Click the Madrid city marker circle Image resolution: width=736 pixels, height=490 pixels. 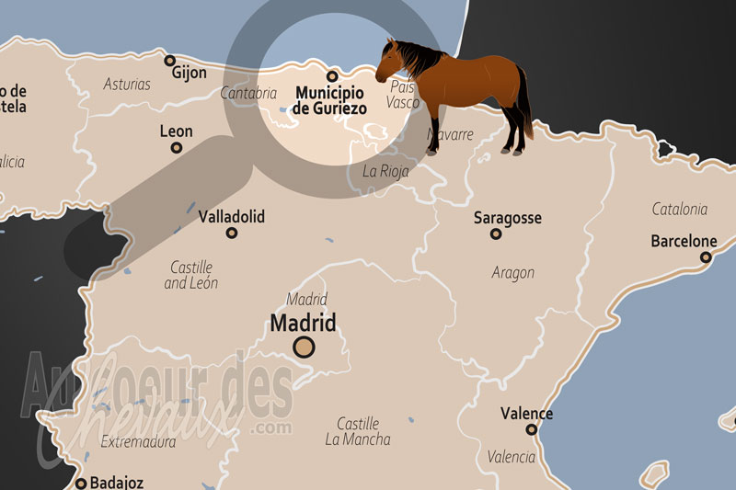304,347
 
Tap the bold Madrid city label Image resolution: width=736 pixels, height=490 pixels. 303,323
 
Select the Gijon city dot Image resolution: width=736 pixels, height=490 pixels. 169,61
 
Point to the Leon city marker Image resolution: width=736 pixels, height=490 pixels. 176,147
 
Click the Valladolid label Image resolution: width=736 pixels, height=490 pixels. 231,217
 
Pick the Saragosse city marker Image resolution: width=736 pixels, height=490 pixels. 496,234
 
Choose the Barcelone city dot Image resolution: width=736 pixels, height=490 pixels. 705,257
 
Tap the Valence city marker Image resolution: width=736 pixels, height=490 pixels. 531,429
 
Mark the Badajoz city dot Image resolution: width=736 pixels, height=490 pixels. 81,483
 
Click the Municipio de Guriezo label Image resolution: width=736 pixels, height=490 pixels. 329,100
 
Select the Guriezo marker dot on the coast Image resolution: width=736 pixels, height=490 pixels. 332,76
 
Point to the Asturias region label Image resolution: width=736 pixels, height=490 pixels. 127,84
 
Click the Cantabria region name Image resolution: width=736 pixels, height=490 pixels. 248,92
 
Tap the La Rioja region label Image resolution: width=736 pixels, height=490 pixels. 385,170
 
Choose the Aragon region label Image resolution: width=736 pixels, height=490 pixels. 512,272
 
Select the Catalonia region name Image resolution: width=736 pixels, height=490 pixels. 679,209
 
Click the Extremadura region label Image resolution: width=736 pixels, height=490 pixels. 138,441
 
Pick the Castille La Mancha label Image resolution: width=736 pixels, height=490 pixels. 357,431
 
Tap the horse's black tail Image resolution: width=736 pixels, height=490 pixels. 524,106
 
